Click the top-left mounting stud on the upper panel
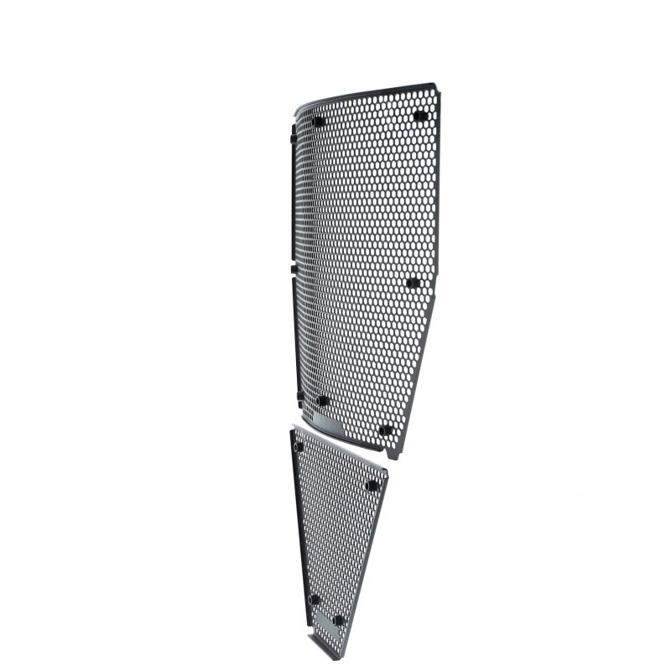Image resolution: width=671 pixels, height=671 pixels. tap(318, 121)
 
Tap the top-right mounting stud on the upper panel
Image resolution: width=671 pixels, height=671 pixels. tap(420, 116)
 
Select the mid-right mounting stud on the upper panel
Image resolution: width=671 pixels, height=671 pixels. tap(413, 283)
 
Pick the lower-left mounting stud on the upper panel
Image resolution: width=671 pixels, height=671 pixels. tap(321, 401)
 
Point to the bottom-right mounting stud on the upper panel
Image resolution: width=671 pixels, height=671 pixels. tap(385, 430)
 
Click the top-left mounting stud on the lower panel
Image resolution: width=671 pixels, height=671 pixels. tap(299, 446)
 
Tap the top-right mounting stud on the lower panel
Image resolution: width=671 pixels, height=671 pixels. tap(372, 485)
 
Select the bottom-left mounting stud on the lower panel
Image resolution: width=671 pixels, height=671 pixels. tap(315, 600)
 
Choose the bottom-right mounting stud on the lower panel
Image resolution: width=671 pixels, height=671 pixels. tap(339, 621)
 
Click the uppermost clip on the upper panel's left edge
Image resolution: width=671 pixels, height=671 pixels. tap(292, 134)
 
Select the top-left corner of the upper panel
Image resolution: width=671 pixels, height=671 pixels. tap(296, 114)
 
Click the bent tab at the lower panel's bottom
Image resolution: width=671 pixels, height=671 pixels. tap(319, 646)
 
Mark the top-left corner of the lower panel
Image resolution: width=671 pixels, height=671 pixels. tap(292, 429)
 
